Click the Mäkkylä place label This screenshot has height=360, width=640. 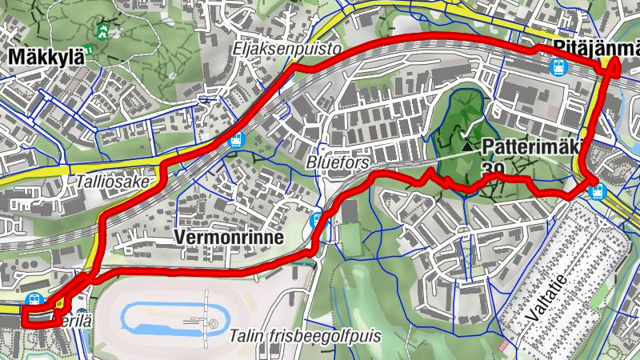pos(47,57)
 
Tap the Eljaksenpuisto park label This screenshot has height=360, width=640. pos(287,50)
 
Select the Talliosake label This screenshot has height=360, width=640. pos(112,182)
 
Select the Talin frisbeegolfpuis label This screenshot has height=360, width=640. pos(303,335)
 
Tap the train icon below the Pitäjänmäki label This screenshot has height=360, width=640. pos(558,68)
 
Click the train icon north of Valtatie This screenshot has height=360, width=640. pos(595,190)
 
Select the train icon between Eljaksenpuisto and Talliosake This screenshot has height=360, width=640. pos(235,140)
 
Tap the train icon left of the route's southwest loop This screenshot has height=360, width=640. pos(33,299)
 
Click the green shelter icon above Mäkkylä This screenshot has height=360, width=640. pos(102,31)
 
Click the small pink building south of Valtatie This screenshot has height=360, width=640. pos(503,347)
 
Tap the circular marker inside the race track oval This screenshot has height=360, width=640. pos(213,323)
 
